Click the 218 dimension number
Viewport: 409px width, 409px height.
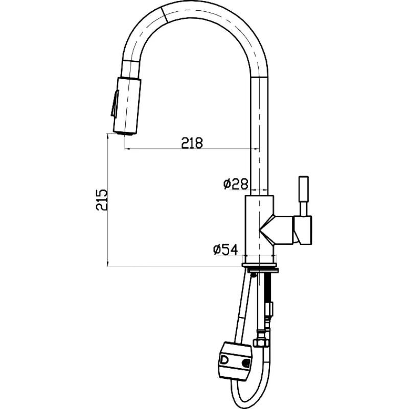point(192,143)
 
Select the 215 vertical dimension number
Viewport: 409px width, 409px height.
point(101,200)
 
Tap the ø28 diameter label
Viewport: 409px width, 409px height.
point(236,184)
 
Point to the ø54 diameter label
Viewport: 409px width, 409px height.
point(225,249)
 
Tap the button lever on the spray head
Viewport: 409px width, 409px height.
point(115,104)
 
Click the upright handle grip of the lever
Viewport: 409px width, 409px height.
point(304,196)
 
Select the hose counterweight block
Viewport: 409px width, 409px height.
point(235,361)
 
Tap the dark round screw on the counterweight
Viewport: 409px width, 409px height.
point(246,363)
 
